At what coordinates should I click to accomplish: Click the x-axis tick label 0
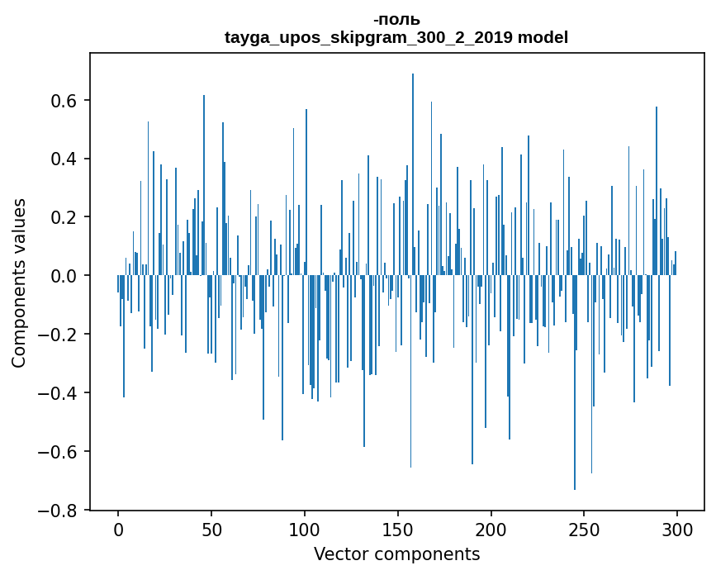[x=118, y=530]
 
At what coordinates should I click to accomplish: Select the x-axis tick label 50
[x=211, y=530]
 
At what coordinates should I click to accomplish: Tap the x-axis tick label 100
[x=305, y=530]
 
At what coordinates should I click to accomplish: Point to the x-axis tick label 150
[x=398, y=530]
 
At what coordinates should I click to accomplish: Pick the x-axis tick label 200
[x=491, y=530]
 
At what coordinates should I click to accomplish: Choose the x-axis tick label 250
[x=585, y=530]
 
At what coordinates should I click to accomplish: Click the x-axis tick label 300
[x=677, y=530]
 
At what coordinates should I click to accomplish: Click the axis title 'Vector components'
[x=397, y=554]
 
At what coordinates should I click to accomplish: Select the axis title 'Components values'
[x=19, y=283]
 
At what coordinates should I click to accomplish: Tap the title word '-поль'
[x=396, y=20]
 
